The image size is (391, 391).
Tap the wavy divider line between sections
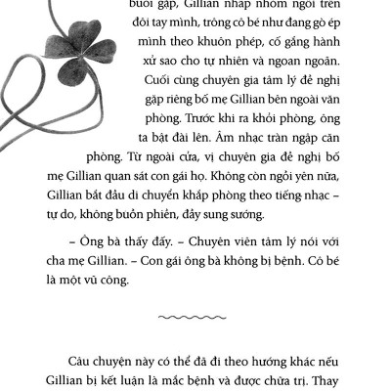coord(195,318)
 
